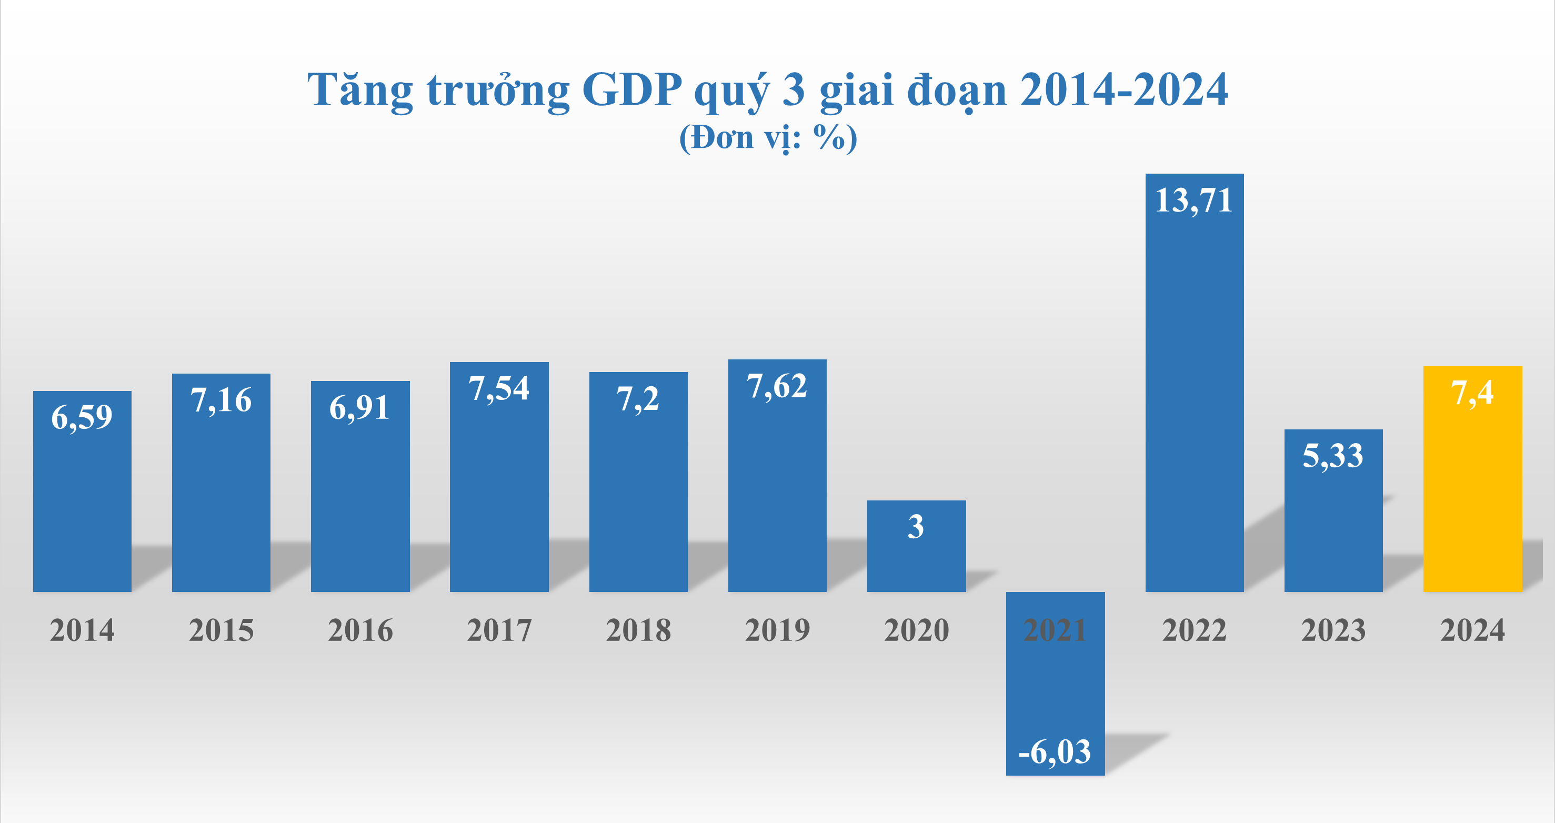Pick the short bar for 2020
916,556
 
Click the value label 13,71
1193,200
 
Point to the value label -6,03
1055,752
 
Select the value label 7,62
777,386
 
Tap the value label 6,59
82,417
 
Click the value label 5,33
1333,456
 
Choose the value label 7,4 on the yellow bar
1472,393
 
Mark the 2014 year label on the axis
82,630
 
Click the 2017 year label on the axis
499,630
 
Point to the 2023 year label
1333,630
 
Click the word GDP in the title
631,89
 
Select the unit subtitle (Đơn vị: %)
768,138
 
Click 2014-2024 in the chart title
1124,89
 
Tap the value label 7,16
221,400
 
